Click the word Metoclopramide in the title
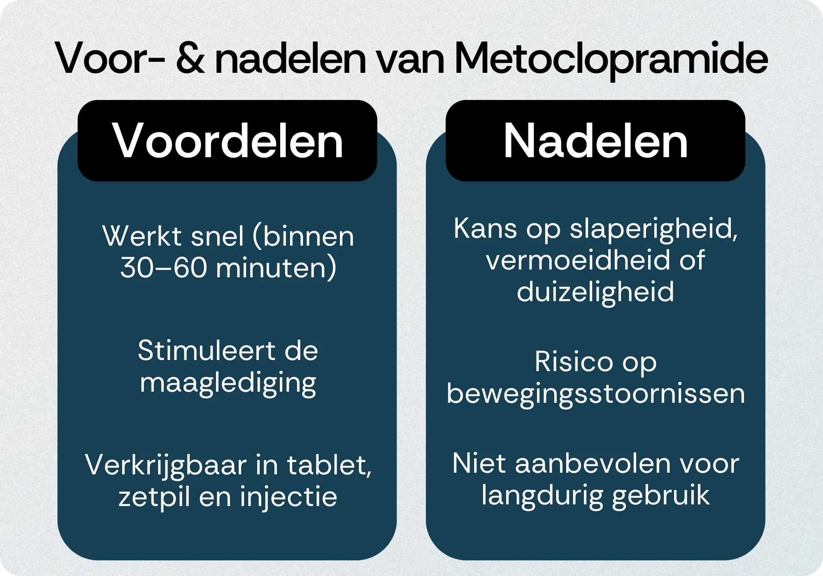pyautogui.click(x=611, y=58)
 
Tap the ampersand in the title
pyautogui.click(x=190, y=58)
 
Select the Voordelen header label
pyautogui.click(x=228, y=141)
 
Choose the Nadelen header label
pyautogui.click(x=595, y=141)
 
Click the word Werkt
pyautogui.click(x=142, y=236)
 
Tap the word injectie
pyautogui.click(x=288, y=497)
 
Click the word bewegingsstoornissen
pyautogui.click(x=595, y=394)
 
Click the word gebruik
pyautogui.click(x=661, y=496)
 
